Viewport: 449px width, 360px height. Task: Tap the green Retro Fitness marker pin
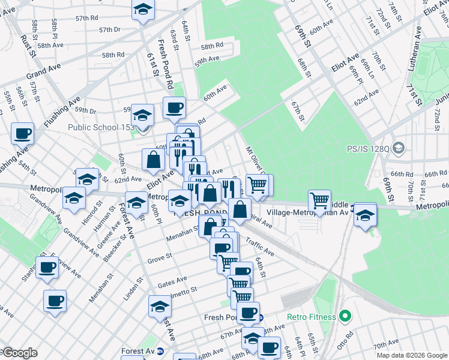pos(345,316)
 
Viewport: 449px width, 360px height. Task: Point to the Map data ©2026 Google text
pos(412,355)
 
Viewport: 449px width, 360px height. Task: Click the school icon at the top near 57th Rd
pos(143,10)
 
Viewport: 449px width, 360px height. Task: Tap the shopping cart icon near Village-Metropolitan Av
pos(319,199)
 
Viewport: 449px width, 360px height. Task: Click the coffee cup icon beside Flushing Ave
pos(23,133)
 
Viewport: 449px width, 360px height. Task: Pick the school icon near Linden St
pos(160,306)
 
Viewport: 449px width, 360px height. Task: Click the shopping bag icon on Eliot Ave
pos(153,159)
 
